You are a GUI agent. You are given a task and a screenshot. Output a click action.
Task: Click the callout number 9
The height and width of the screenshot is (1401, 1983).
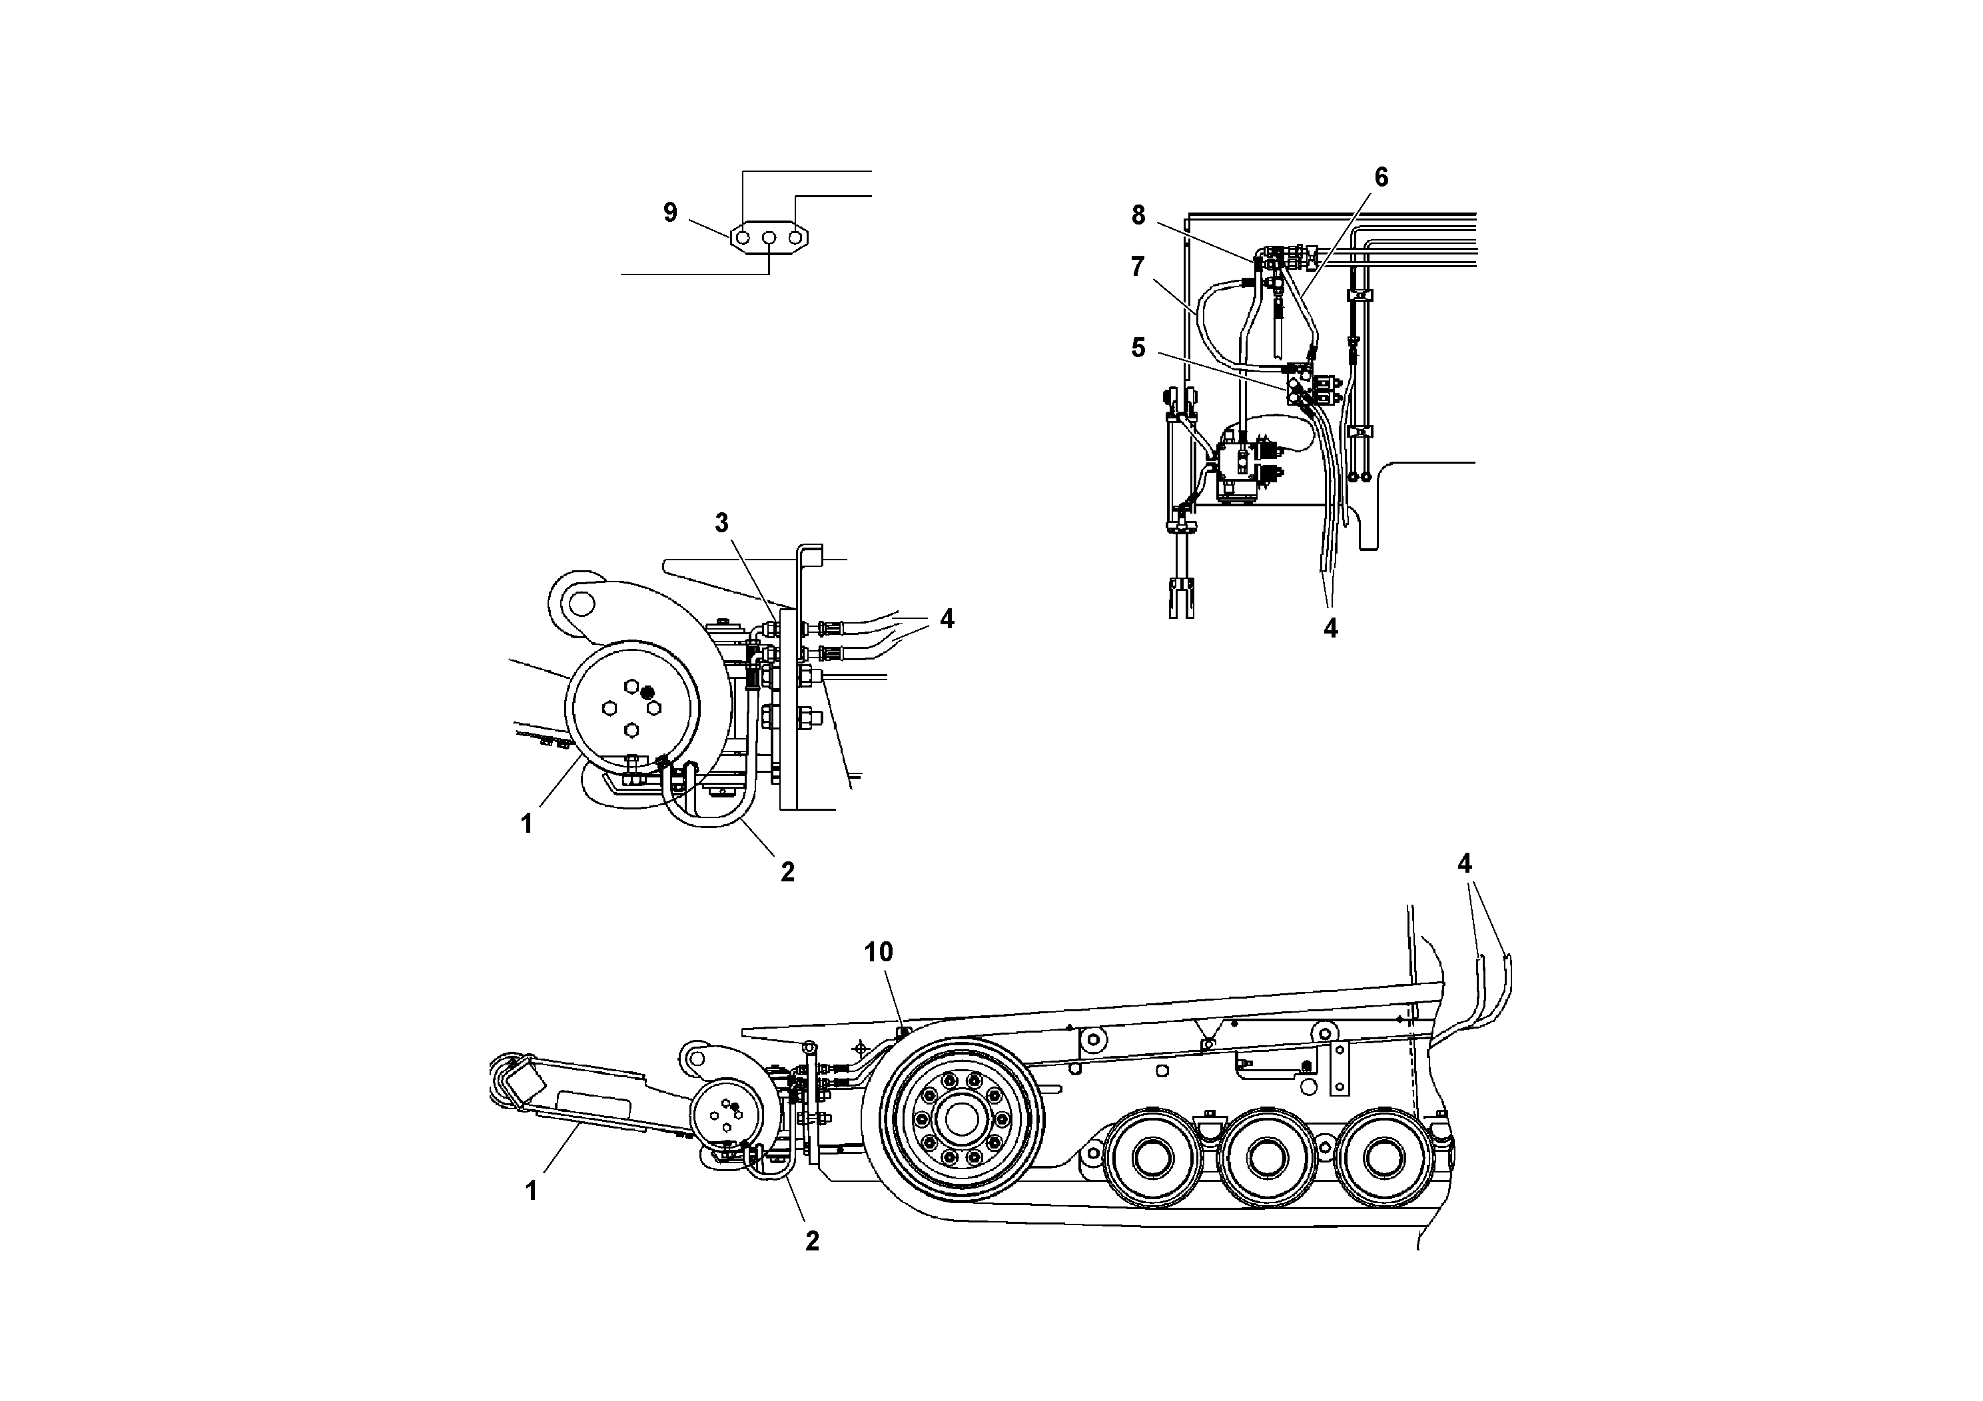click(x=670, y=213)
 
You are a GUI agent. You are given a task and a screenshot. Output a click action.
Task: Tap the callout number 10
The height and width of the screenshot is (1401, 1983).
click(x=879, y=952)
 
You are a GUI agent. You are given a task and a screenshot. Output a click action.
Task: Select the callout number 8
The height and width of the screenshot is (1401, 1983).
click(x=1138, y=215)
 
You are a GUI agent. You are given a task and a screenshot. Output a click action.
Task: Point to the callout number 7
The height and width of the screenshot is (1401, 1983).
click(x=1138, y=267)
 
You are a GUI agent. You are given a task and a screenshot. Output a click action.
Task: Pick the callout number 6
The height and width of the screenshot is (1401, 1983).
click(x=1381, y=177)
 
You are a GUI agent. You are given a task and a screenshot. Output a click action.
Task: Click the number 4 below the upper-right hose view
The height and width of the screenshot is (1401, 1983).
click(x=1330, y=629)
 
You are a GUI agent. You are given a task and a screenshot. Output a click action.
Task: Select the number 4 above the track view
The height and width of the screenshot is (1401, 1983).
click(x=1465, y=864)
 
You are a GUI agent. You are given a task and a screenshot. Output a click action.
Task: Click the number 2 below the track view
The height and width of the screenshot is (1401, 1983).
click(x=812, y=1241)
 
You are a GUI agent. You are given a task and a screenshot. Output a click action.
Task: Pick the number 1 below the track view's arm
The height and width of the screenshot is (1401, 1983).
click(x=531, y=1191)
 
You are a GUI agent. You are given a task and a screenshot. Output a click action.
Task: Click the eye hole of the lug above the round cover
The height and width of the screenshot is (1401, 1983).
click(x=579, y=600)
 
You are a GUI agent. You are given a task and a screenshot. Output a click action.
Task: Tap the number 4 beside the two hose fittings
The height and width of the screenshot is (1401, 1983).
click(x=947, y=618)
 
